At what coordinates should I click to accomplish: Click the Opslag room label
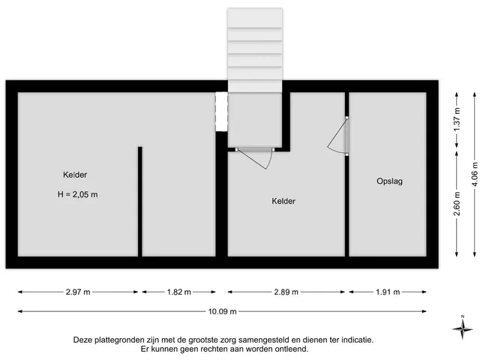[389, 181]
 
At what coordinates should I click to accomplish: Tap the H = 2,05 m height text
[78, 194]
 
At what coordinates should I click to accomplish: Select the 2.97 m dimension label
[78, 292]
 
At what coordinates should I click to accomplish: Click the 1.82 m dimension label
[179, 292]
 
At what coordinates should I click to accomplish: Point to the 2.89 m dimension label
[286, 292]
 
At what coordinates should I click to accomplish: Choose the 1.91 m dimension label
[388, 292]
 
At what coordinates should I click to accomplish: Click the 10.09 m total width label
[223, 312]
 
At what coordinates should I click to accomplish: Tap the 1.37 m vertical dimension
[457, 120]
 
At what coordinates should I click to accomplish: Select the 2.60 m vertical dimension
[457, 203]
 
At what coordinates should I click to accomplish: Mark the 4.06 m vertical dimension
[475, 174]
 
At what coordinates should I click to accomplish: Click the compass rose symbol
[463, 328]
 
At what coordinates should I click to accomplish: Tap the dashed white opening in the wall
[221, 112]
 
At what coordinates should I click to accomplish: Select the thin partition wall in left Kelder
[140, 202]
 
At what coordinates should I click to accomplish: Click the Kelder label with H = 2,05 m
[75, 175]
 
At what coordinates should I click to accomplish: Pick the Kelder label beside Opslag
[283, 201]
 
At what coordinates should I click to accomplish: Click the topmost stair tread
[255, 18]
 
